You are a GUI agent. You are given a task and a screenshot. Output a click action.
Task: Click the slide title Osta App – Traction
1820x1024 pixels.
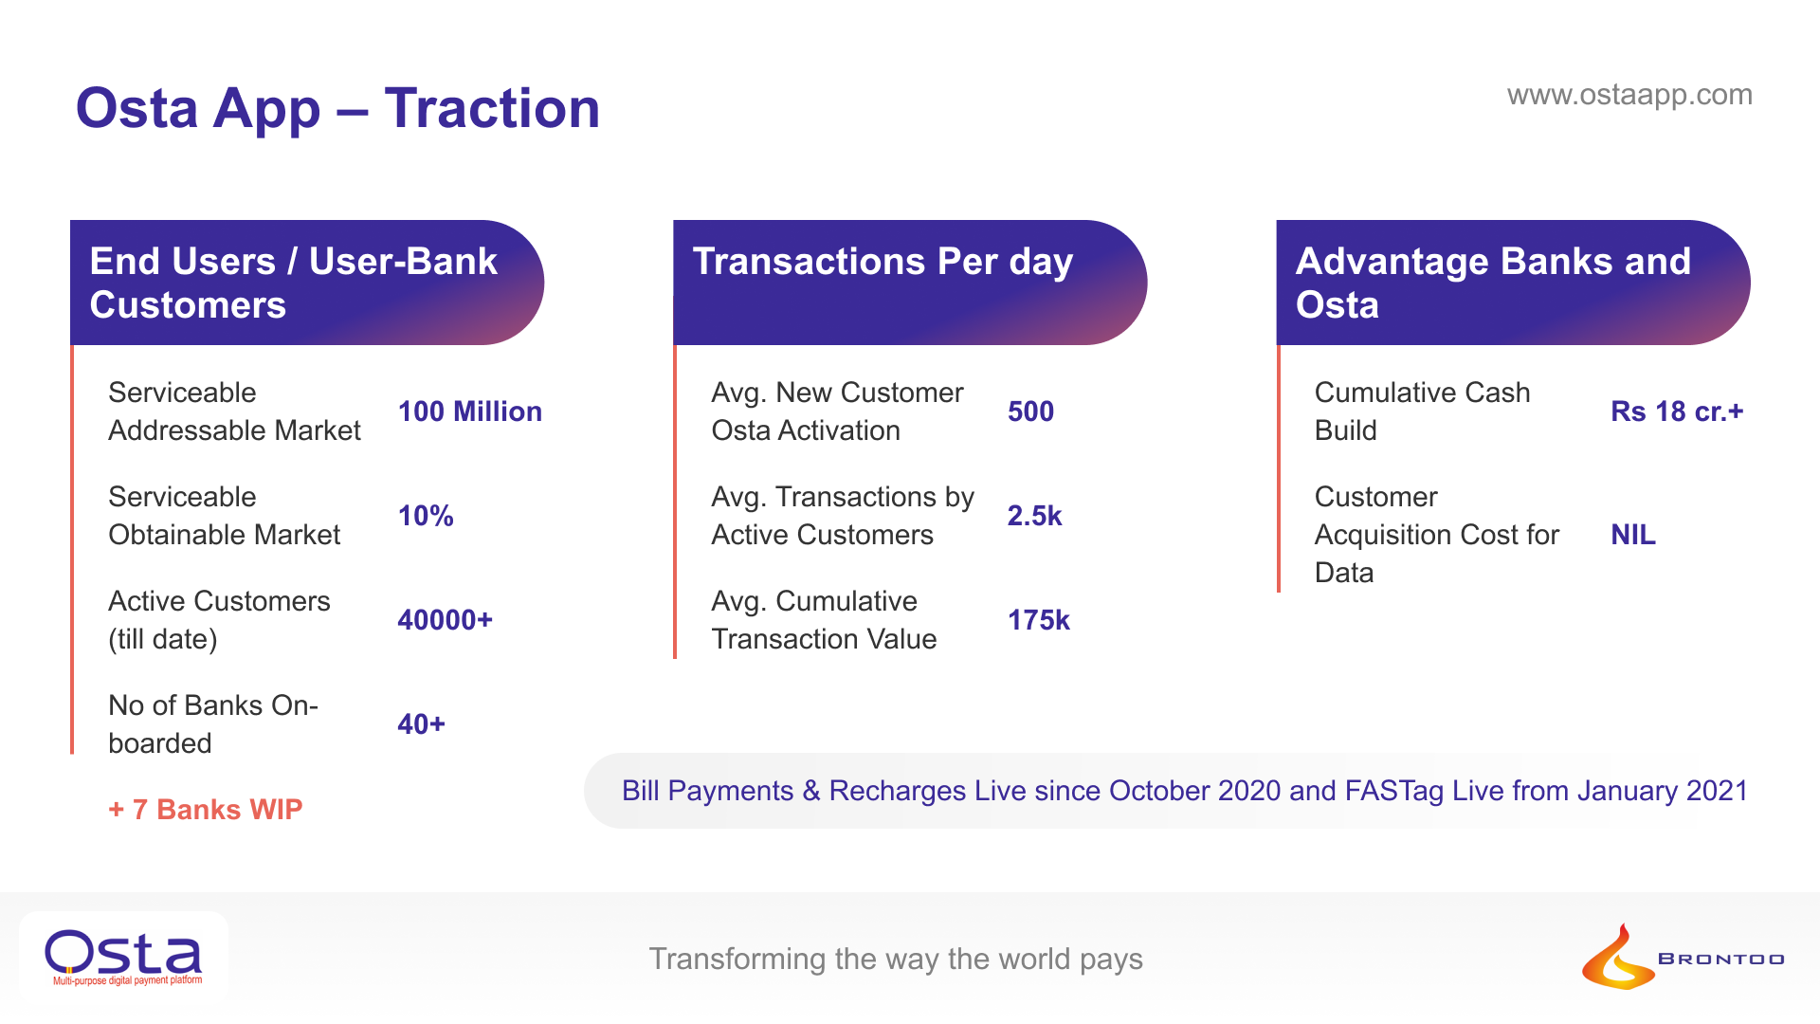(x=337, y=108)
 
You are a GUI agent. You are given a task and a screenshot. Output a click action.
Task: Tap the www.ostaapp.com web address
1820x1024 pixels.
(x=1629, y=95)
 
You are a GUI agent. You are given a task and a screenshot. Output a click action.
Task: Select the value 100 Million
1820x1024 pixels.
(x=469, y=411)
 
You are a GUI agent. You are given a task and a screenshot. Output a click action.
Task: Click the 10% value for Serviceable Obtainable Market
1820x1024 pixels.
(x=426, y=516)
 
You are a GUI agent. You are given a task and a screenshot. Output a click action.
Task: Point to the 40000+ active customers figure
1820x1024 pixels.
(x=445, y=620)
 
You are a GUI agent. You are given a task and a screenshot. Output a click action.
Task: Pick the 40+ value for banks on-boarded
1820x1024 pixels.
(x=421, y=724)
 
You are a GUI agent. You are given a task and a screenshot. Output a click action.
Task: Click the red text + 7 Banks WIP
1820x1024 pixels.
(x=205, y=810)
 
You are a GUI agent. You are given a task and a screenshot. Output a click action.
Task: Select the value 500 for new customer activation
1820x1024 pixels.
(x=1030, y=411)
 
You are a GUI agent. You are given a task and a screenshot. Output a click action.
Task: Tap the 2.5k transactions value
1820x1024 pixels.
(x=1034, y=516)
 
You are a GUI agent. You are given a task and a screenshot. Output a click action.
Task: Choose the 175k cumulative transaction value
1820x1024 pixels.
(x=1038, y=620)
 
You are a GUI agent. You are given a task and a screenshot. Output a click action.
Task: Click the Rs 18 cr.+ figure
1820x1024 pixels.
(x=1677, y=411)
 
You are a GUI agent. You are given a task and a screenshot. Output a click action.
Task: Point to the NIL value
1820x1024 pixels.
(x=1633, y=535)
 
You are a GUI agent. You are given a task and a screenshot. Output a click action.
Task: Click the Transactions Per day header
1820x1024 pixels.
(x=883, y=263)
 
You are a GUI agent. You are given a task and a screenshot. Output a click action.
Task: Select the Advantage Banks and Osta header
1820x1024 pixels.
(x=1493, y=283)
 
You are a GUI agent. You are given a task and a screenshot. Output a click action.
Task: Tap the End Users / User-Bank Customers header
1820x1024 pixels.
(x=293, y=283)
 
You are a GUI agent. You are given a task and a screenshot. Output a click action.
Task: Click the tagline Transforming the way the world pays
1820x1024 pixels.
(x=896, y=959)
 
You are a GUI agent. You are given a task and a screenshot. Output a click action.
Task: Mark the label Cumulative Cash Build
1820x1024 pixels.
(x=1422, y=411)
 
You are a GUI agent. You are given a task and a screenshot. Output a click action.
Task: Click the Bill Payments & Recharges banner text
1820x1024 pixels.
(x=1185, y=791)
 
